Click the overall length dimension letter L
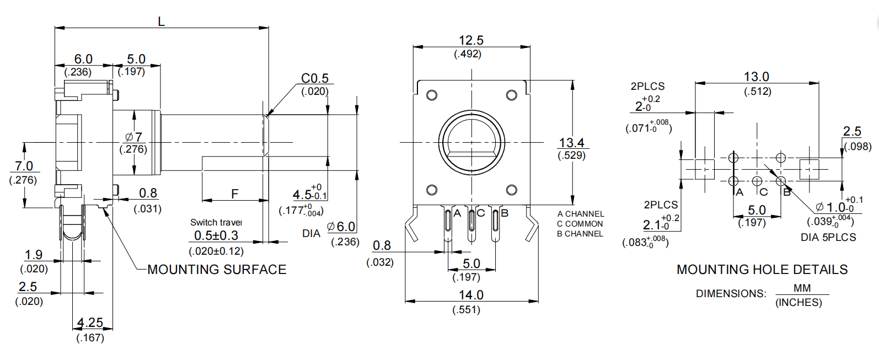point(161,22)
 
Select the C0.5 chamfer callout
point(315,78)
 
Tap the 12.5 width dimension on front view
point(470,40)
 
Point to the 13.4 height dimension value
point(571,143)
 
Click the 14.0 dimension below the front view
point(470,295)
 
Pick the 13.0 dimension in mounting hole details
point(756,77)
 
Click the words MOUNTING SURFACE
point(217,270)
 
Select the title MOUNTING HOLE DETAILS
point(762,270)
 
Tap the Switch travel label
point(216,222)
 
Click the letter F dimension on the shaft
point(235,194)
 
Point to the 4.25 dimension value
point(90,323)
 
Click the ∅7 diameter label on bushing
point(133,137)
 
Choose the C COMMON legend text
point(580,224)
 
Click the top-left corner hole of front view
point(432,95)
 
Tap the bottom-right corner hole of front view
point(511,190)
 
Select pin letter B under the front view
point(504,213)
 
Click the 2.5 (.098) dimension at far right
point(852,132)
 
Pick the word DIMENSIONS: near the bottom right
point(731,294)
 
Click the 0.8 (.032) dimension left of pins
point(382,246)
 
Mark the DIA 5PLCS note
point(828,237)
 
